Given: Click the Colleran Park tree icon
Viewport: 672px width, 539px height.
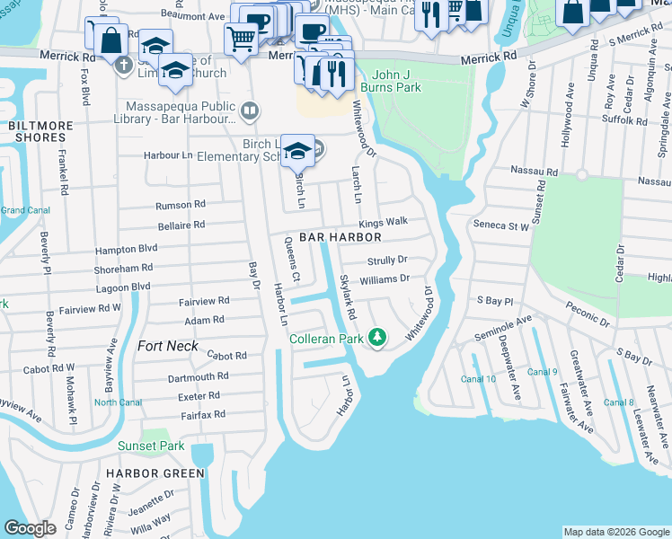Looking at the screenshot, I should tap(379, 339).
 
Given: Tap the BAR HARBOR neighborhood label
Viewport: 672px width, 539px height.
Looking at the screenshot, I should tap(340, 237).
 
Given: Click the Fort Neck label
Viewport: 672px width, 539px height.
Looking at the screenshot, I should tap(168, 345).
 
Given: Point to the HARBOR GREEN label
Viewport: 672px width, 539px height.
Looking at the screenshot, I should tap(155, 473).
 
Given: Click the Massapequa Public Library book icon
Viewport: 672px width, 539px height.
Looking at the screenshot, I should tap(251, 111).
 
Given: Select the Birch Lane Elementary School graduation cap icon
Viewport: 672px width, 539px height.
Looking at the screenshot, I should tap(296, 151).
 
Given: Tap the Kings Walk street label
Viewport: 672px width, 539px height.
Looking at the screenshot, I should tap(384, 221).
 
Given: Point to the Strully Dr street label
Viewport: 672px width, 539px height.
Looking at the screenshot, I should tap(387, 261).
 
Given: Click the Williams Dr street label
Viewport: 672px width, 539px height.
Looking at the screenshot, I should tap(385, 280).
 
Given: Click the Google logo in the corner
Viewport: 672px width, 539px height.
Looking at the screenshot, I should tap(31, 528).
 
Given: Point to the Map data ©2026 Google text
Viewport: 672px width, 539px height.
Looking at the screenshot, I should tap(615, 532).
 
